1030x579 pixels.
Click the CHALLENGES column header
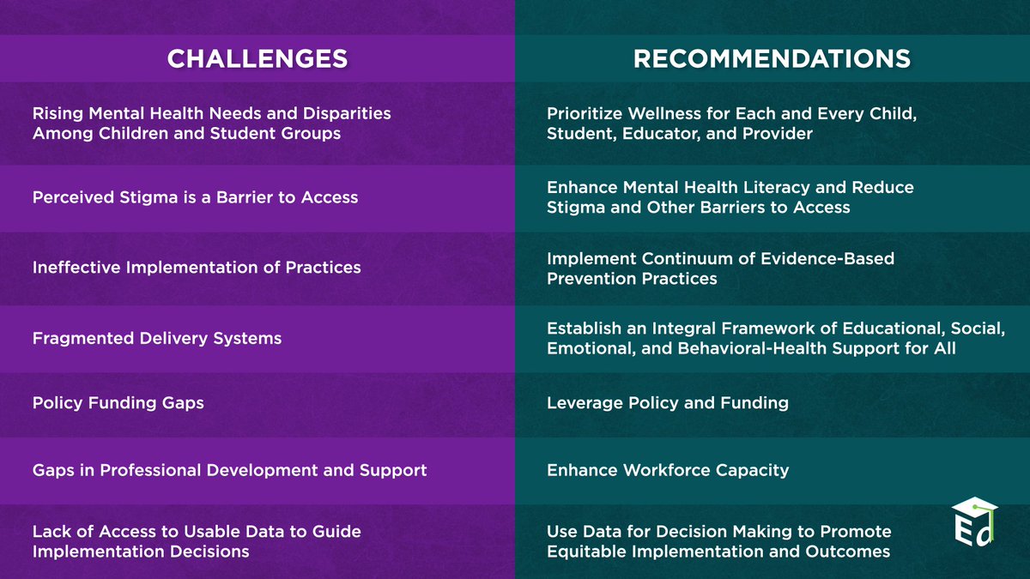257,58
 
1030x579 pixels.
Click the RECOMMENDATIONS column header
772,58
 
